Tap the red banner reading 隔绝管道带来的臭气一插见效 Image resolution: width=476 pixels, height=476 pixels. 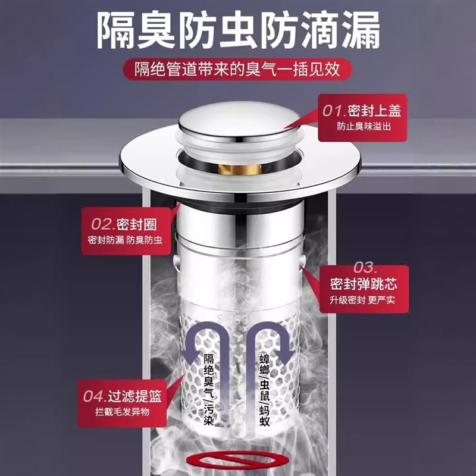pos(238,70)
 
